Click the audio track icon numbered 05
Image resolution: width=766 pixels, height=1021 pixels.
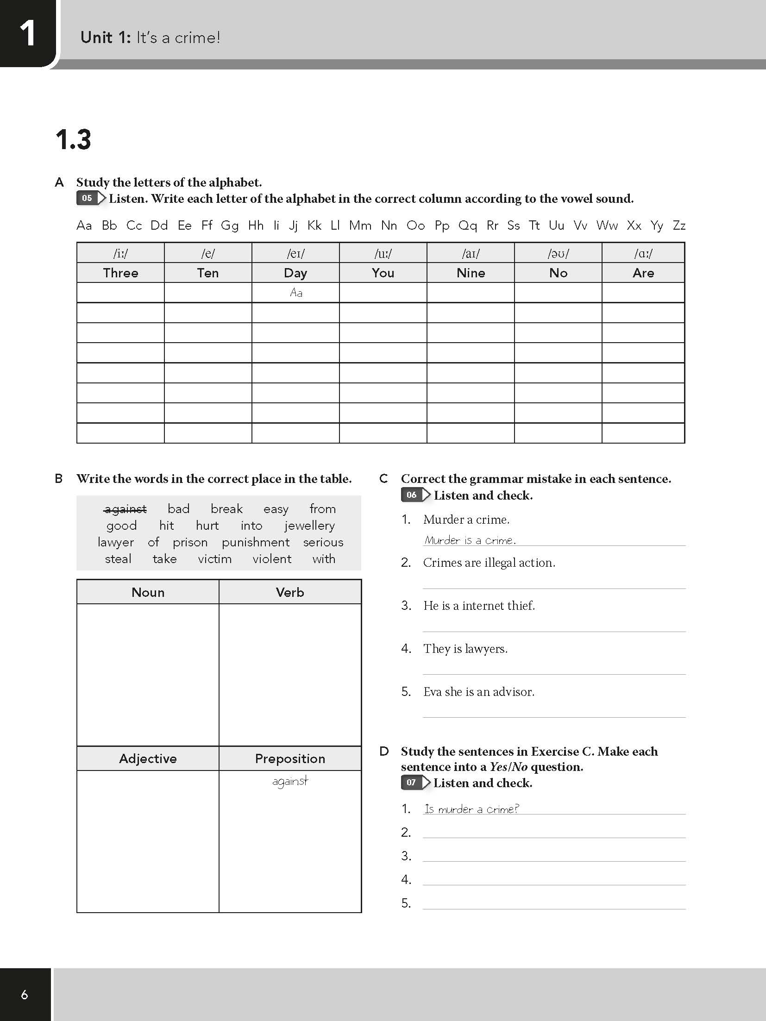pyautogui.click(x=91, y=199)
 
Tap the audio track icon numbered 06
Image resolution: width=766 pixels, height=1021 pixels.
pyautogui.click(x=415, y=495)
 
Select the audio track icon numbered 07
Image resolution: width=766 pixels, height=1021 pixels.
pyautogui.click(x=415, y=783)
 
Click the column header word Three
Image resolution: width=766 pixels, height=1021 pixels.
pyautogui.click(x=120, y=273)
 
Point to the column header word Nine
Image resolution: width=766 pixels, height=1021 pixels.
pyautogui.click(x=471, y=273)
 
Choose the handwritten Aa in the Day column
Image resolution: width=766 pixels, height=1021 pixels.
pyautogui.click(x=296, y=293)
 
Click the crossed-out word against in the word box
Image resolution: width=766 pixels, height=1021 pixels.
pyautogui.click(x=126, y=509)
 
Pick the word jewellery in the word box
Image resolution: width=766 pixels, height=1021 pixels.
pyautogui.click(x=309, y=526)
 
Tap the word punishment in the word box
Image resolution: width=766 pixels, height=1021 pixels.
pyautogui.click(x=256, y=542)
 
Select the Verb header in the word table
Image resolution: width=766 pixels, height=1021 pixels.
pyautogui.click(x=290, y=592)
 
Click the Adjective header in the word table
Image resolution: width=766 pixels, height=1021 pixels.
pyautogui.click(x=148, y=758)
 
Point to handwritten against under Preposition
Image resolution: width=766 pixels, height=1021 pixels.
pyautogui.click(x=290, y=782)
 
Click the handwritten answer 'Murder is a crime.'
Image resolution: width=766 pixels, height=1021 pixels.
pyautogui.click(x=470, y=540)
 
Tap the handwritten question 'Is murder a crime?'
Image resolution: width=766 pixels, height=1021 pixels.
pyautogui.click(x=471, y=809)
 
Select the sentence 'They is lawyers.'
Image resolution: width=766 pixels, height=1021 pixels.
pyautogui.click(x=465, y=649)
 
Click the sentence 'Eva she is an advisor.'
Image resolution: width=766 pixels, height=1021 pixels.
pyautogui.click(x=478, y=692)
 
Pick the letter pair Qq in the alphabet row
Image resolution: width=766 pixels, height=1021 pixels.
pyautogui.click(x=467, y=225)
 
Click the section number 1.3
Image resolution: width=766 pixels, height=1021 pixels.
pyautogui.click(x=73, y=139)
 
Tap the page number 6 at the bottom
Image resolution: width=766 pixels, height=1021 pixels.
pyautogui.click(x=25, y=995)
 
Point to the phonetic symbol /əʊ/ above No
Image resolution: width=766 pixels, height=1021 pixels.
pyautogui.click(x=558, y=253)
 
